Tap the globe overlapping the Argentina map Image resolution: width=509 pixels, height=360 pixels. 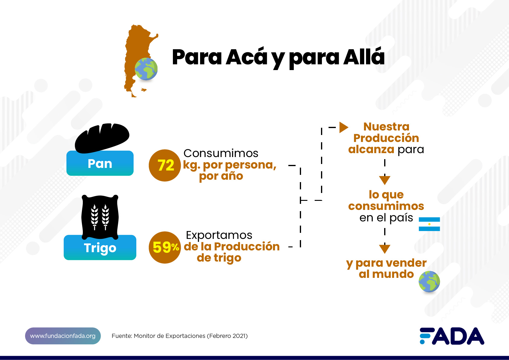146,69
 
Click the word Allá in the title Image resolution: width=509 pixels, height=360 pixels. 364,57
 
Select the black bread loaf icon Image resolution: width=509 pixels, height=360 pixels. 102,138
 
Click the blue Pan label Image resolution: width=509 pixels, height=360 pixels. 100,163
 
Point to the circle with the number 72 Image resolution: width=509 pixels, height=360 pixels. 165,165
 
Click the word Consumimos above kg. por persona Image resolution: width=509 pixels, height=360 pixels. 221,153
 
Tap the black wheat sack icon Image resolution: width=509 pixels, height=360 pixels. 100,217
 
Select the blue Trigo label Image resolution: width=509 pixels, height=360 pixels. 100,247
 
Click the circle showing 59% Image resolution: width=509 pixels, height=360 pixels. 165,247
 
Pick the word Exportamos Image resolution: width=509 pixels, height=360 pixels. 219,235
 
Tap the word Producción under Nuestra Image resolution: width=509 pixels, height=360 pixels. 386,138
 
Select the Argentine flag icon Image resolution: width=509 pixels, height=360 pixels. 429,224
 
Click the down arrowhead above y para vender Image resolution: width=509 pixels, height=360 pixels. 385,249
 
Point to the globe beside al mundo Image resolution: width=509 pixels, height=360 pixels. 429,281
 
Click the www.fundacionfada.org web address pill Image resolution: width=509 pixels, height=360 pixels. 63,336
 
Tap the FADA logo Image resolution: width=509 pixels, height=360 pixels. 452,336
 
